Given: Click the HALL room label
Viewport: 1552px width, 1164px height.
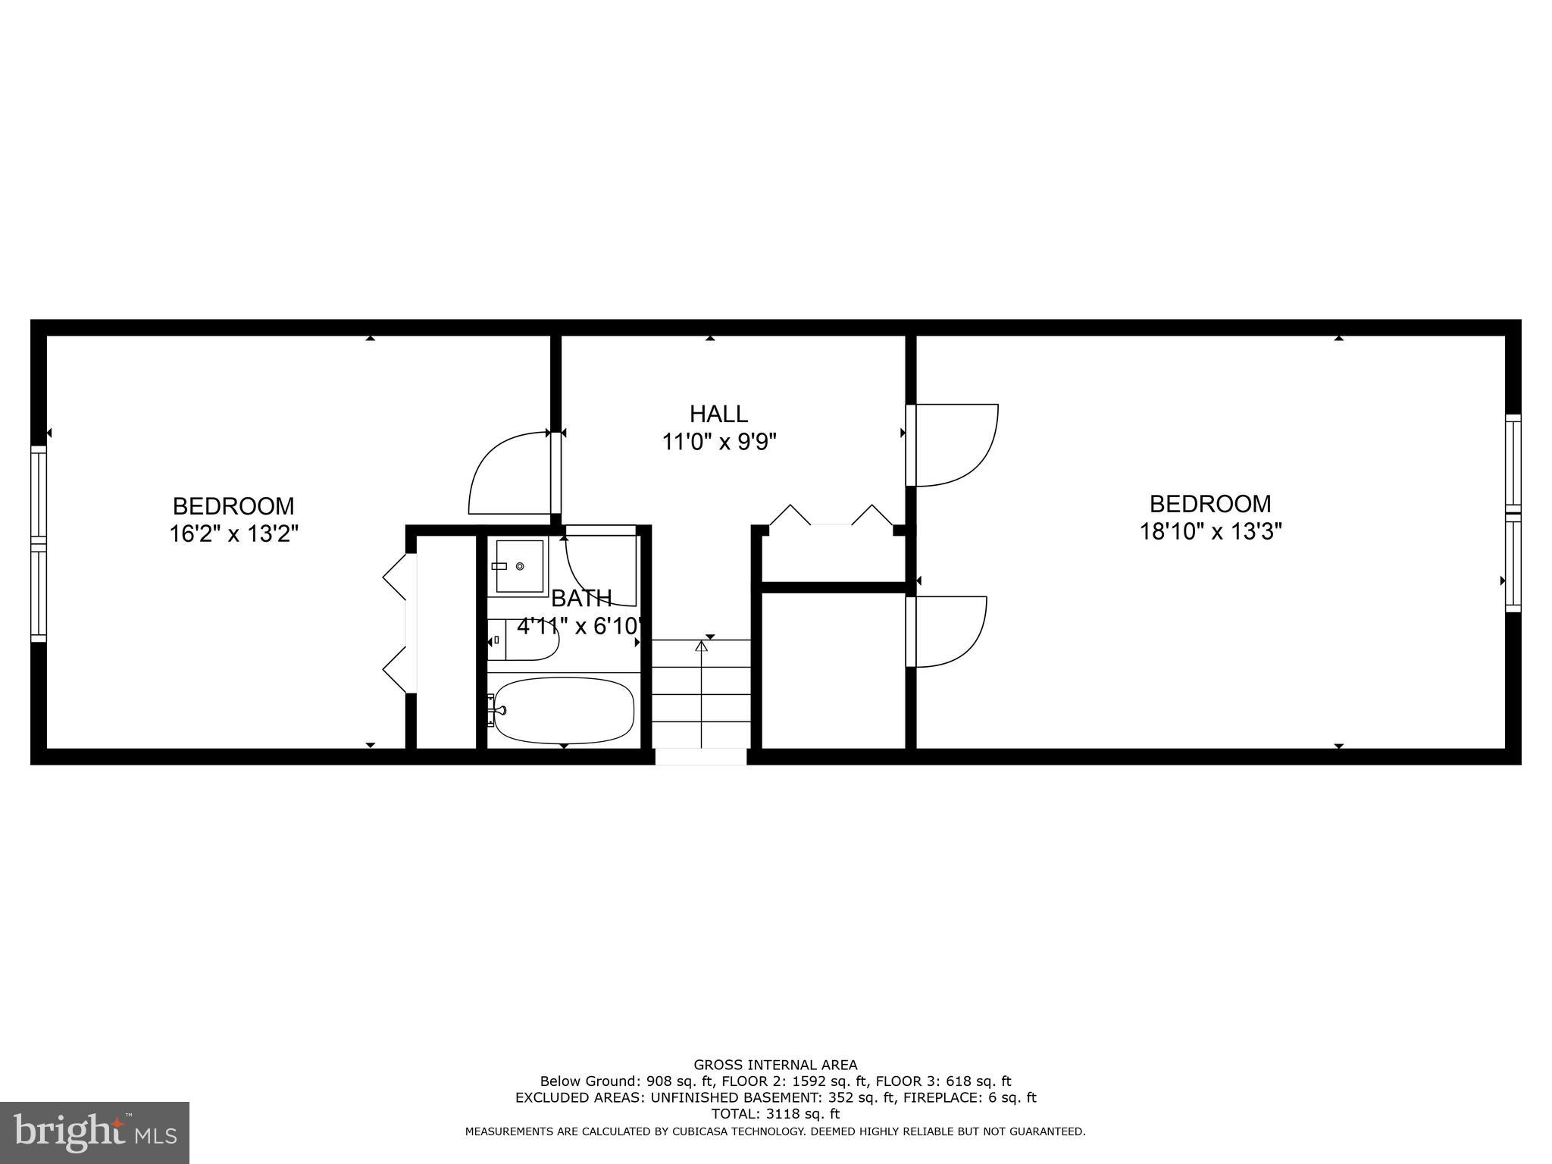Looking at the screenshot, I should click(x=718, y=414).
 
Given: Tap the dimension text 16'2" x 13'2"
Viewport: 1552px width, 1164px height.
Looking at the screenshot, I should click(x=233, y=533).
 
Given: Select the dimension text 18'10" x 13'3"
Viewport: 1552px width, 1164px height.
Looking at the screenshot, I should click(x=1210, y=531).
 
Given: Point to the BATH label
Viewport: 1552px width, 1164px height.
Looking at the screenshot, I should click(x=581, y=599).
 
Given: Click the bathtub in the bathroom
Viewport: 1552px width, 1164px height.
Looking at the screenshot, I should click(x=563, y=710).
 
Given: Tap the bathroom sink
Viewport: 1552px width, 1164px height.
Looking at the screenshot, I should click(x=519, y=566).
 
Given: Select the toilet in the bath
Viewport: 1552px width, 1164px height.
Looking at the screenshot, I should click(x=527, y=640).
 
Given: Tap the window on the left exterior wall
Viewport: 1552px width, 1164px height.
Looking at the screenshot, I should click(x=38, y=543).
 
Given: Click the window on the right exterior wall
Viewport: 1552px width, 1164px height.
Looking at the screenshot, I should click(x=1513, y=513).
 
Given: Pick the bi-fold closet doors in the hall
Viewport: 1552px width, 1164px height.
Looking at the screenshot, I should click(x=831, y=516).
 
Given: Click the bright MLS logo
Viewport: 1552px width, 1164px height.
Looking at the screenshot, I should click(x=95, y=1132).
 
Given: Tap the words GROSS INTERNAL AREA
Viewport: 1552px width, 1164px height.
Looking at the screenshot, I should click(x=775, y=1065).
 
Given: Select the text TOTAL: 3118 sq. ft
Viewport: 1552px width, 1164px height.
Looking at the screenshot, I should click(x=775, y=1114).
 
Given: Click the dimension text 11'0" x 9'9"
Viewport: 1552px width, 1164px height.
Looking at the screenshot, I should click(x=719, y=441).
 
